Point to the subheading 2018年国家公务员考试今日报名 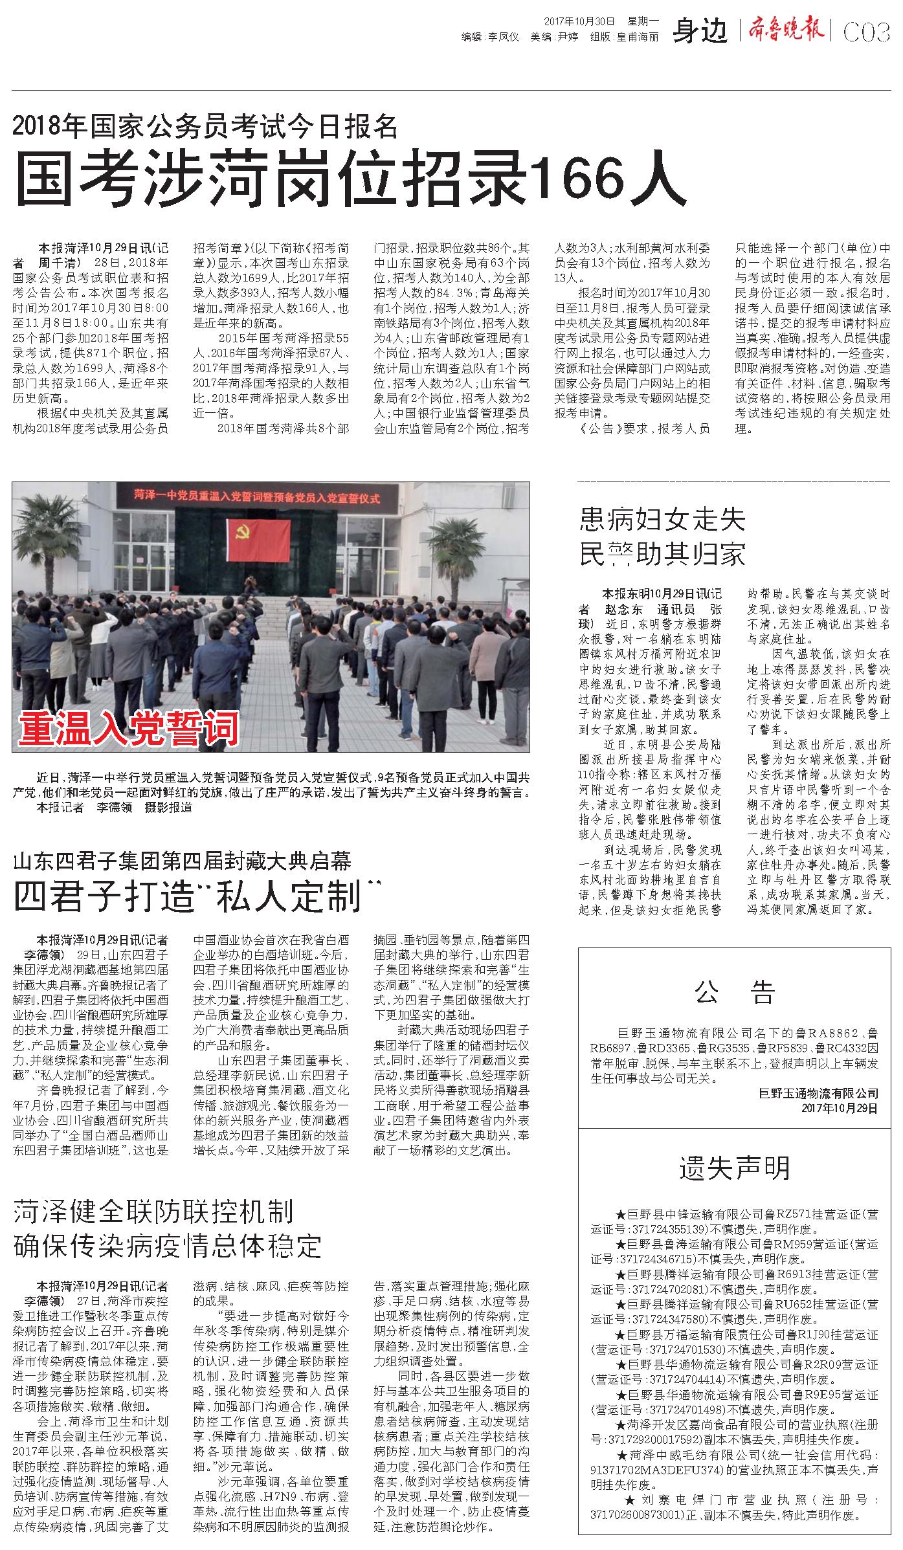[x=205, y=126]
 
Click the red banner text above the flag [x=256, y=498]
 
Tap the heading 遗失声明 [x=734, y=1168]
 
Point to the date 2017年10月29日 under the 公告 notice [x=840, y=1109]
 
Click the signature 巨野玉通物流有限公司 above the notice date [x=818, y=1094]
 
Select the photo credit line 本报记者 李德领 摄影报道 [x=114, y=808]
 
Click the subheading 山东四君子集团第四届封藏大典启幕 [x=183, y=861]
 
